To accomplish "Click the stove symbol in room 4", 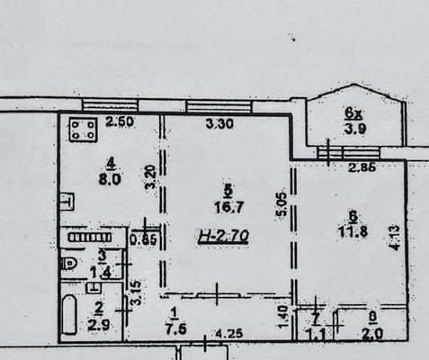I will tap(83, 130).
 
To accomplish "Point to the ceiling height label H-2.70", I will tap(223, 238).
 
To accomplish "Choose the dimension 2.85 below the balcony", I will tap(362, 168).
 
